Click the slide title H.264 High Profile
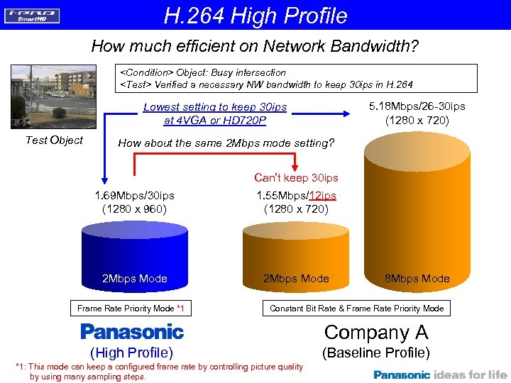[255, 15]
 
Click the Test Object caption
[54, 140]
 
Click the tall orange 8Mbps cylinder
[416, 213]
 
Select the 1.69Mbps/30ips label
[135, 195]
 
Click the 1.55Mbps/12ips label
[296, 195]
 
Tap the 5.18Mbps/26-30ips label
[417, 106]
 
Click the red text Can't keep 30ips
[296, 177]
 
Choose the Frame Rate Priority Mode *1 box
[131, 308]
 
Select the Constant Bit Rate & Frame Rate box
[356, 308]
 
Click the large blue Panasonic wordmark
[132, 331]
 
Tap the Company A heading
[376, 332]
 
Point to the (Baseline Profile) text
[376, 353]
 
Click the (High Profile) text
[132, 353]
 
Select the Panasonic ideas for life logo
[441, 374]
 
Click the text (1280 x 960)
[135, 209]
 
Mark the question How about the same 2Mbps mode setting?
[226, 143]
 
